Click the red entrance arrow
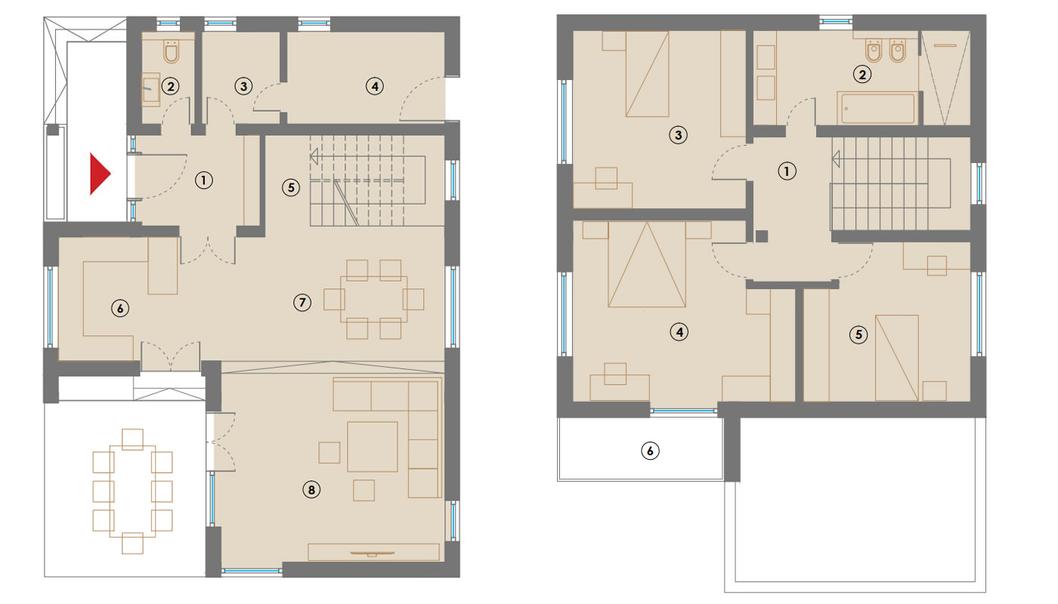tap(99, 174)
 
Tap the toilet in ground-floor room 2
tap(171, 52)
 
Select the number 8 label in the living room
tap(311, 490)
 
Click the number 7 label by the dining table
tap(302, 303)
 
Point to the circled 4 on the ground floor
tap(375, 86)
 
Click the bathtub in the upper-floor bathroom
tap(877, 109)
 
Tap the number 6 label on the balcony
tap(650, 451)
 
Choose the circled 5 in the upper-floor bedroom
tap(858, 334)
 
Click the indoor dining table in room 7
tap(373, 299)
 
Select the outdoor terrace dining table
tap(132, 492)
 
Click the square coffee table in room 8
tap(372, 447)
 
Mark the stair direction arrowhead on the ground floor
tap(314, 156)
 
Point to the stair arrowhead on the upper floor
tap(836, 159)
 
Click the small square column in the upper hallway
tap(762, 236)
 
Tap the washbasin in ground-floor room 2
tap(151, 88)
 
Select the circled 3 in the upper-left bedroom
tap(679, 135)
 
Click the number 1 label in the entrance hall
tap(203, 180)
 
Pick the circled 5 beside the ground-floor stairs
tap(291, 187)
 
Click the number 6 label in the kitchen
tap(120, 309)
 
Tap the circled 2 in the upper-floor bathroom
tap(862, 74)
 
